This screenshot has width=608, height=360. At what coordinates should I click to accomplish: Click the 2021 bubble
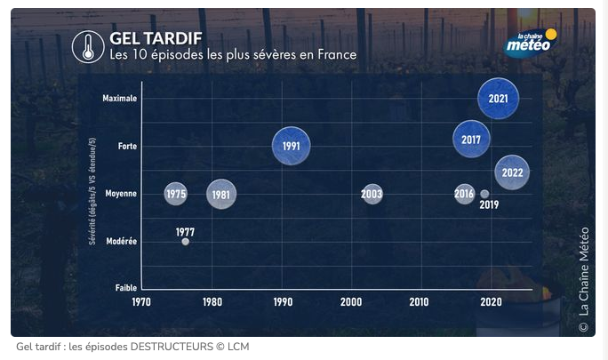498,99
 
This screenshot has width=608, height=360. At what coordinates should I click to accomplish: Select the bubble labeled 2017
471,140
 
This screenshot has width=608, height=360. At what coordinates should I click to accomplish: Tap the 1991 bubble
291,147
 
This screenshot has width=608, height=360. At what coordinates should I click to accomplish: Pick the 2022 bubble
512,172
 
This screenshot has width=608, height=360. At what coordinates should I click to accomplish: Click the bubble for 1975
176,194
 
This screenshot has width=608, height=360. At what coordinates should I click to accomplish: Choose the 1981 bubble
221,194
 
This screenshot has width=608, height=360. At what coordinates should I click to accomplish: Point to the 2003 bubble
372,194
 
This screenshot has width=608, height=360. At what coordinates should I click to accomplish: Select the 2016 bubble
464,194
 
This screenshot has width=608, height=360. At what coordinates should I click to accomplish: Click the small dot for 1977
185,242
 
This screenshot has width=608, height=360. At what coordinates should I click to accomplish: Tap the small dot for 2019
484,194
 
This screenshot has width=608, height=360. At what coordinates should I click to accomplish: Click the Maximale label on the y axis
119,99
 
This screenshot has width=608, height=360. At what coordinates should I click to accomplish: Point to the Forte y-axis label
127,146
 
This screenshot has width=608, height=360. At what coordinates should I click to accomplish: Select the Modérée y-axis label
121,241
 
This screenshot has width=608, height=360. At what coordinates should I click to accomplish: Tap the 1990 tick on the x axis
283,302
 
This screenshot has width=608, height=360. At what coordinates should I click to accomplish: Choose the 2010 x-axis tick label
419,302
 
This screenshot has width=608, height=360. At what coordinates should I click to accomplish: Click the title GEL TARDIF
155,38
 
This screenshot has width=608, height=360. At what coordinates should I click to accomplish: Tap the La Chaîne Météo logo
531,43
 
